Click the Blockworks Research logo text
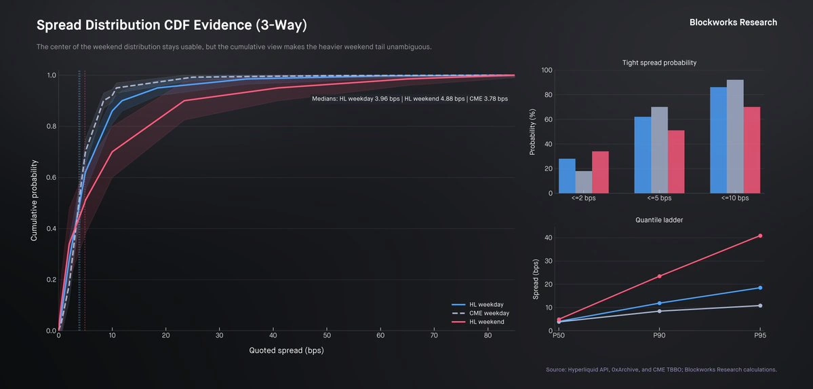(733, 22)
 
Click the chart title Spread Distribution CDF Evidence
(172, 25)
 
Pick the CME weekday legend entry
(481, 313)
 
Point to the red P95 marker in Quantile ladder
(760, 236)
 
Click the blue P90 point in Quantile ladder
(659, 303)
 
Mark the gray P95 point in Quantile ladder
(760, 305)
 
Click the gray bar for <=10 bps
(735, 136)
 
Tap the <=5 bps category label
(660, 198)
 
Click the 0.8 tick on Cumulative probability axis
(52, 127)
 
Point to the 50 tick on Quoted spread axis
(327, 337)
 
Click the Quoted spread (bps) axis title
(286, 350)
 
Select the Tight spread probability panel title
(659, 63)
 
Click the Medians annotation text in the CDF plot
(410, 98)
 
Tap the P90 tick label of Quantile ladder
(659, 336)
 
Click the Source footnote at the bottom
(662, 370)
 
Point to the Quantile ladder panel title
(659, 220)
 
